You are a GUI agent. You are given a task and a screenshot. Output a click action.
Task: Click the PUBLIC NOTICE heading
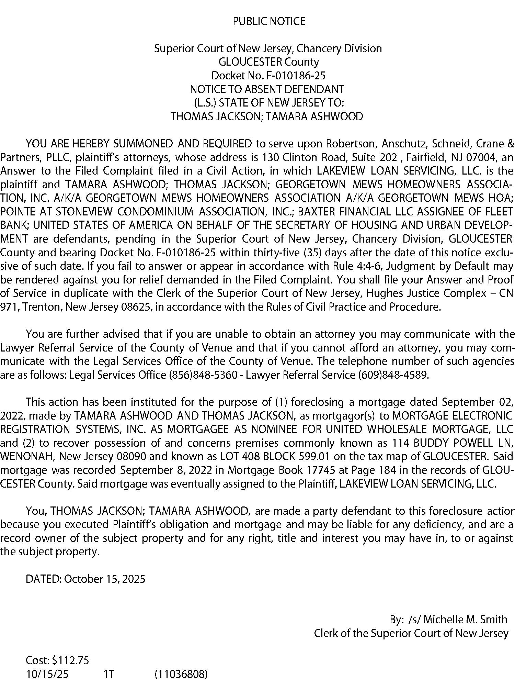tap(269, 22)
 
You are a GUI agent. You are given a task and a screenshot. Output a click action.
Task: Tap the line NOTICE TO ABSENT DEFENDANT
tap(267, 89)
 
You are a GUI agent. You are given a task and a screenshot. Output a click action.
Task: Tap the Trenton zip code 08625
tap(137, 307)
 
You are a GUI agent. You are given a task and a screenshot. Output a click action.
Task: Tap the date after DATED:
tap(105, 579)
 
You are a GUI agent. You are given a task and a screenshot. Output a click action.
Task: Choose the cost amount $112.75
tap(71, 660)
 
